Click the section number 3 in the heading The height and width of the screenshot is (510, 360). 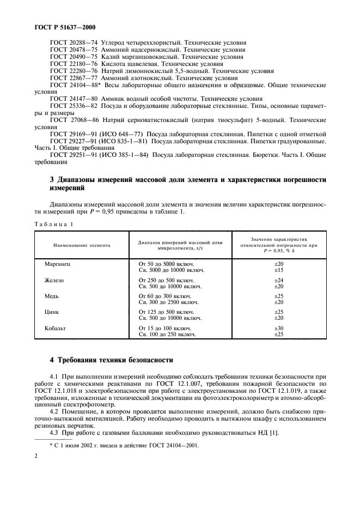[36, 179]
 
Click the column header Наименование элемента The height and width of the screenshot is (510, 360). [82, 246]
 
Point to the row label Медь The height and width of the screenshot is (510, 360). [52, 296]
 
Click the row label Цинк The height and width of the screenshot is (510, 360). [52, 312]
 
